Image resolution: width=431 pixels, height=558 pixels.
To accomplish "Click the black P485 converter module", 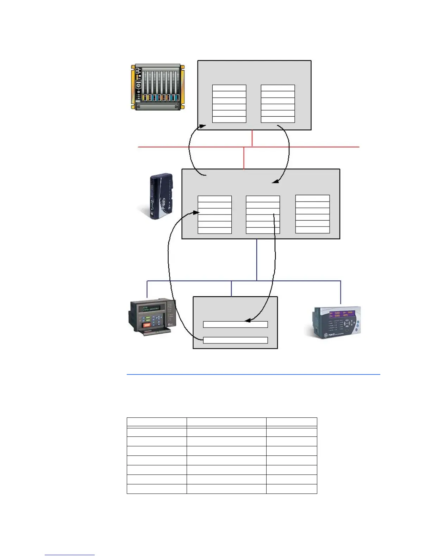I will pos(160,197).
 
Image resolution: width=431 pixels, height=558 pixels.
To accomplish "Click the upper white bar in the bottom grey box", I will pos(235,324).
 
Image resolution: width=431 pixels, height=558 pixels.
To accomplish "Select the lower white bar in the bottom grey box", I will pos(235,340).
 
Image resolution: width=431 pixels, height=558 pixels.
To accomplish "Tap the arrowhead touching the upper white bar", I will pos(247,321).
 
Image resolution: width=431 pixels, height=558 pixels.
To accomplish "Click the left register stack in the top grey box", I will pos(229,104).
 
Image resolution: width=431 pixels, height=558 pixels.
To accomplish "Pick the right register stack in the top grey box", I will pos(277,104).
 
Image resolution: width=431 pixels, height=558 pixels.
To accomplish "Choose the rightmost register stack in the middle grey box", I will pos(312,214).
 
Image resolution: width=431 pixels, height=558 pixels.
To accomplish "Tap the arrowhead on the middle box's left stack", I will pos(196,212).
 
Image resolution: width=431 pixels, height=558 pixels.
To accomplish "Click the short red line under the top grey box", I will pos(252,138).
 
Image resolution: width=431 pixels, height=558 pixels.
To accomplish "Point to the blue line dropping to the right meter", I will pos(341,292).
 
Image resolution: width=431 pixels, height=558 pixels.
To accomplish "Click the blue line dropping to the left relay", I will pos(147,289).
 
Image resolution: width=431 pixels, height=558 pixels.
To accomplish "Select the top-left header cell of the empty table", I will pos(156,422).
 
